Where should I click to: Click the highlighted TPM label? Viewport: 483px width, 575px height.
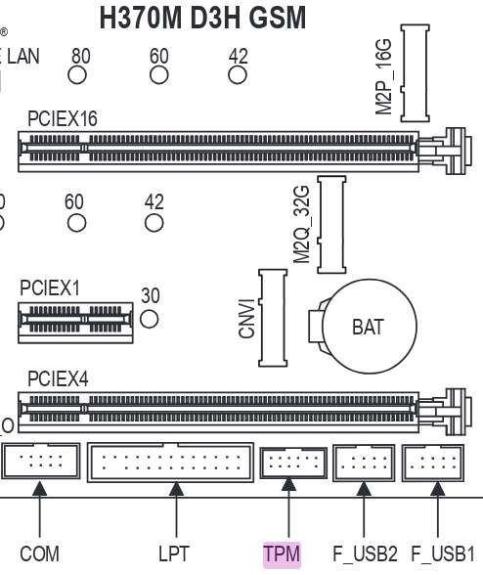click(282, 554)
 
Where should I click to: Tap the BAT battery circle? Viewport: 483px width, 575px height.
click(369, 326)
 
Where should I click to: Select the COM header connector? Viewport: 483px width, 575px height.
click(41, 461)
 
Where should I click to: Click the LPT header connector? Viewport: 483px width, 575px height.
click(170, 462)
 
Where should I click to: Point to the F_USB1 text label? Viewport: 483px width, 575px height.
click(443, 554)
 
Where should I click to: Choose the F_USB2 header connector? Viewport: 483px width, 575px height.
click(364, 463)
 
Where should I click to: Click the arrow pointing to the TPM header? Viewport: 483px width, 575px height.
click(288, 508)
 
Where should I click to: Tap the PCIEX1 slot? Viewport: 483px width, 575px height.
click(75, 323)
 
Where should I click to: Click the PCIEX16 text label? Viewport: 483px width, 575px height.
click(63, 119)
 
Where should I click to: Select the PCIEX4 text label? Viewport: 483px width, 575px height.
click(58, 378)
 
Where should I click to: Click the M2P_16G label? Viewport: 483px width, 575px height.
click(383, 76)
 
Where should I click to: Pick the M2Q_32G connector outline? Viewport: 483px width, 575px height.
click(331, 225)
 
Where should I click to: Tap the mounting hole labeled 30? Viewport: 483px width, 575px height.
click(150, 319)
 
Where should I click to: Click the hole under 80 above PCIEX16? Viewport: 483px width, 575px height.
click(77, 75)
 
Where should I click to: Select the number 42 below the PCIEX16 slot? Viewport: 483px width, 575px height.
click(154, 201)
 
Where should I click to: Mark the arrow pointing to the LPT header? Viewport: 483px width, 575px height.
click(176, 509)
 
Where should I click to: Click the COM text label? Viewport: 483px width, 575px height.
click(40, 553)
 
